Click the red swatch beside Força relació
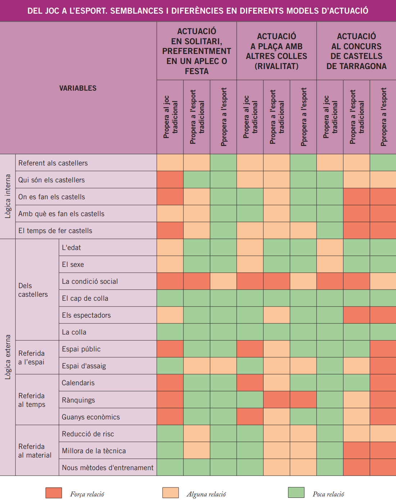[54, 493]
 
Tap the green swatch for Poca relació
[296, 492]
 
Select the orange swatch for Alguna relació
[170, 493]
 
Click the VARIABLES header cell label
[78, 88]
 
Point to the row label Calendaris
[78, 383]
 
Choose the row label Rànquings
[78, 400]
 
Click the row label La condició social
[90, 281]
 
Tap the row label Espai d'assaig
[84, 366]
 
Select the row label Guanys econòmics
[91, 417]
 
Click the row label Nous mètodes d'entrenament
[108, 468]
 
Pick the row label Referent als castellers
[53, 163]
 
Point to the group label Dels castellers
[33, 290]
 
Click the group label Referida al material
[35, 451]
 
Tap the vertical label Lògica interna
[8, 196]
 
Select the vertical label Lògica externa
[8, 357]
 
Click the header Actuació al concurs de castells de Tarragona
[356, 51]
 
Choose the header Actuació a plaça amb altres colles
[277, 51]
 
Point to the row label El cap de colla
[85, 298]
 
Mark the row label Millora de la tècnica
[94, 451]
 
